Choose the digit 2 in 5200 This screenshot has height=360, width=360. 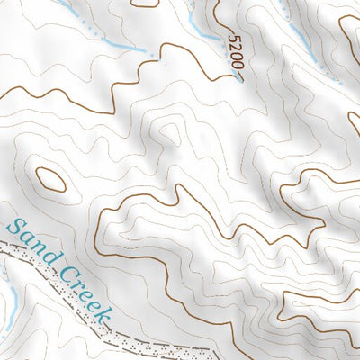236,49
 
